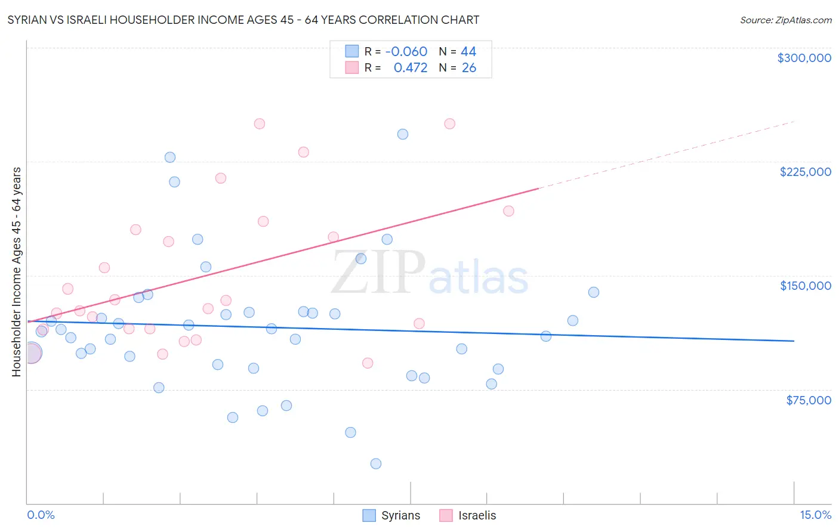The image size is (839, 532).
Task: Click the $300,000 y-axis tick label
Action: (804, 58)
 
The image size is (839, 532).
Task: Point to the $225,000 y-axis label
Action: (805, 172)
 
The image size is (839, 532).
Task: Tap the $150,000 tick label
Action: (805, 286)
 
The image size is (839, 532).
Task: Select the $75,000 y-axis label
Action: (808, 400)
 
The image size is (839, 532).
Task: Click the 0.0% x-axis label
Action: (41, 515)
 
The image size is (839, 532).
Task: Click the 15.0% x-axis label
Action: (815, 515)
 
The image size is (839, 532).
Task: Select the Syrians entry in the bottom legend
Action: (391, 515)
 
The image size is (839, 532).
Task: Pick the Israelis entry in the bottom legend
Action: (468, 515)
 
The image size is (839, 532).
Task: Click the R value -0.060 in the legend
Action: (406, 51)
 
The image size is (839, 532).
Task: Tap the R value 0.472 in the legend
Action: (411, 67)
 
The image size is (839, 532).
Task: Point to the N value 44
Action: (468, 51)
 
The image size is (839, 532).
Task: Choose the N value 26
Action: (469, 67)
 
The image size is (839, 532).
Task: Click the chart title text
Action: (243, 20)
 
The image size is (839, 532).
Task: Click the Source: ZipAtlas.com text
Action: (785, 20)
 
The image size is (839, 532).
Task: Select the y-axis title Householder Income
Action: (16, 271)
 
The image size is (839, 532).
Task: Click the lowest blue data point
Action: (375, 463)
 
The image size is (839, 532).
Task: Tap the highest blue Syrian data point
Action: (403, 134)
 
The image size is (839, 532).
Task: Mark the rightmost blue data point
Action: (593, 292)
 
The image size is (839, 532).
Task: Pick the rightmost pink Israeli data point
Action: (508, 211)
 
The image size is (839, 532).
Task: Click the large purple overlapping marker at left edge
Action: (31, 352)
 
